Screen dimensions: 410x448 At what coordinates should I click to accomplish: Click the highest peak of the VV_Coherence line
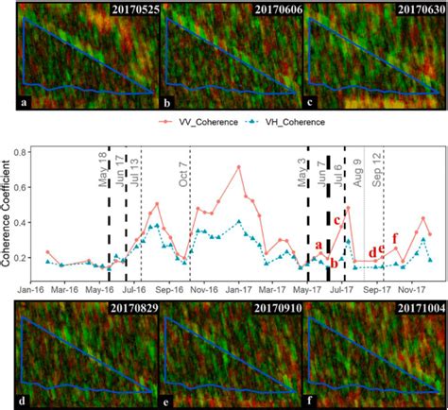(x=239, y=167)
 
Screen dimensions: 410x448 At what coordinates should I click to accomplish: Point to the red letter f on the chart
(x=395, y=237)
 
